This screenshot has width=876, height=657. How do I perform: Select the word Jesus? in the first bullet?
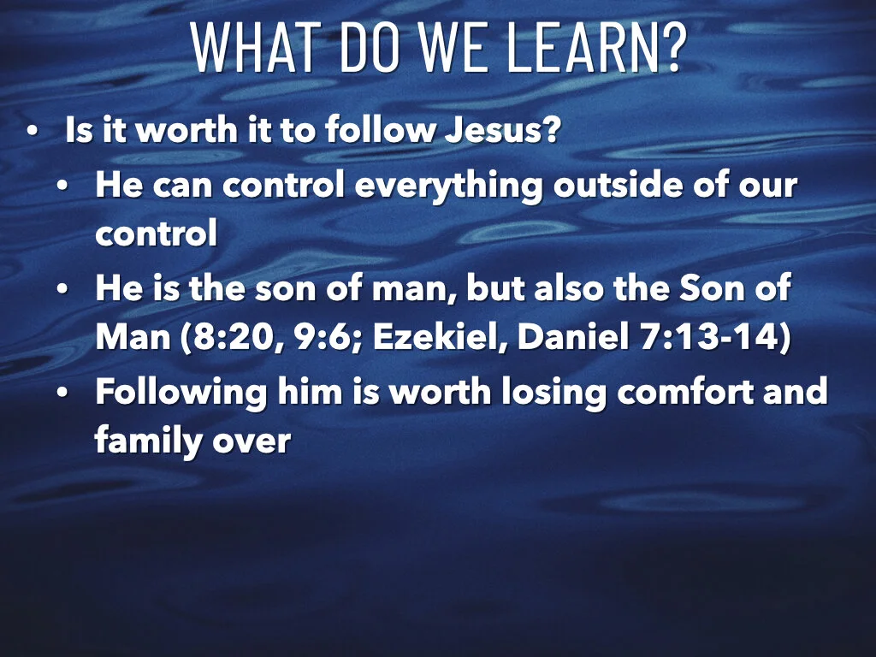click(x=502, y=130)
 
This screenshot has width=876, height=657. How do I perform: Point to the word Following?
click(x=180, y=393)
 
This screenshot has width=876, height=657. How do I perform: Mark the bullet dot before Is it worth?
click(x=33, y=132)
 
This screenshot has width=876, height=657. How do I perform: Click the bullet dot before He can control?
click(x=63, y=186)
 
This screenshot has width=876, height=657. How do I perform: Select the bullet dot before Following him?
click(x=63, y=394)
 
